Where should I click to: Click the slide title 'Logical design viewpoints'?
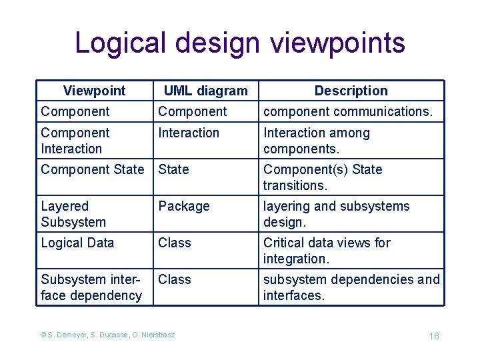tap(240, 43)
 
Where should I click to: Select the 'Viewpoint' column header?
tap(94, 91)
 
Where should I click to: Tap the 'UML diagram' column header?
tap(205, 91)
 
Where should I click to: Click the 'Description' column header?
tap(351, 91)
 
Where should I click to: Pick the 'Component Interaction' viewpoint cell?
tap(75, 141)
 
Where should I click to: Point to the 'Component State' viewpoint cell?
tap(92, 169)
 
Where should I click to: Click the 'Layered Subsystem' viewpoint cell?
tap(73, 214)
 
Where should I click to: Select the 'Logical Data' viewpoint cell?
tap(77, 243)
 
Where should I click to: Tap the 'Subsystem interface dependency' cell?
tap(91, 287)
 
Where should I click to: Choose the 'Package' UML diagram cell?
tap(184, 207)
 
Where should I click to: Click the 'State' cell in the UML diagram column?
tap(173, 169)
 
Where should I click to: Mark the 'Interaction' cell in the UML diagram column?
tap(189, 133)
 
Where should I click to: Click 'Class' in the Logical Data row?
tap(175, 243)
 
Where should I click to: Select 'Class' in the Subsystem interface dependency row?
tap(175, 279)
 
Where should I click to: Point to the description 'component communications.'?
tap(347, 111)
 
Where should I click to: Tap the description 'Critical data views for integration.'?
tap(327, 251)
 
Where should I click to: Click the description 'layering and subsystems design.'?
tap(336, 214)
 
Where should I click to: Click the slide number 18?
tap(434, 336)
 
